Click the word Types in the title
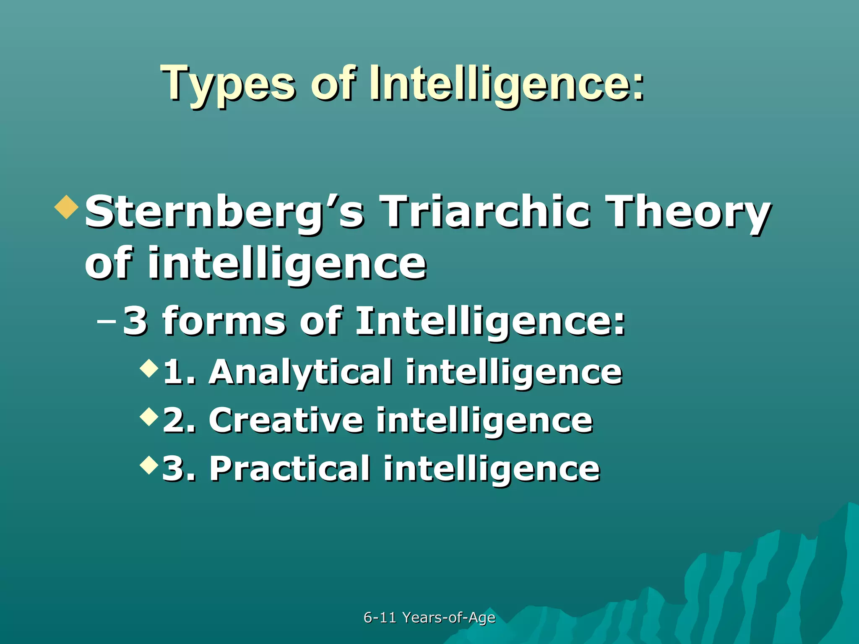229,84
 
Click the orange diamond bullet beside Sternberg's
67,207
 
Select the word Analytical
300,372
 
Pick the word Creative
286,421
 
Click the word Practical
289,469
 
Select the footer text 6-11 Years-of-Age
429,618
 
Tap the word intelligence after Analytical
514,372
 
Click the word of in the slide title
333,84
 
